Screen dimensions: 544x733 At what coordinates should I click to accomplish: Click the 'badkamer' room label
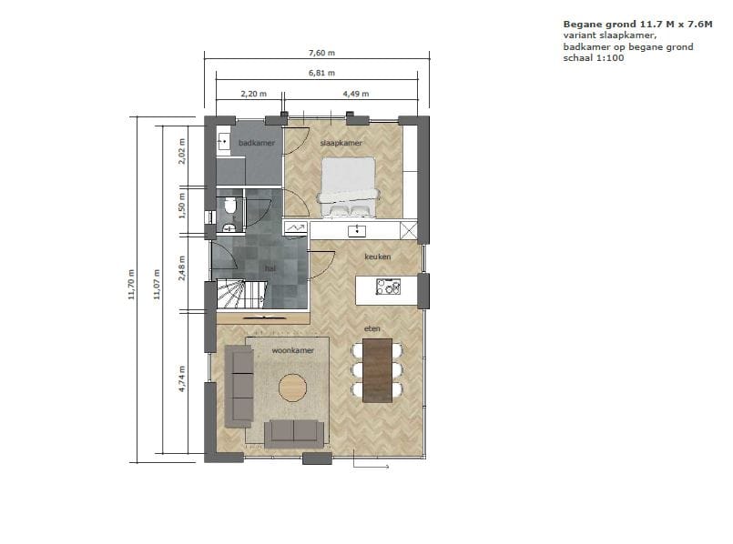click(250, 144)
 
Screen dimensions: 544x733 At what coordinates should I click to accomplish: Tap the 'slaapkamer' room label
click(341, 144)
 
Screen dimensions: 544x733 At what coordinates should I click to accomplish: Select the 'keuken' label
click(377, 257)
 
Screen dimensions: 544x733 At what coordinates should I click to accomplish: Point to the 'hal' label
click(270, 269)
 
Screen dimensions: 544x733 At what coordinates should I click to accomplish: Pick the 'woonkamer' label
click(293, 350)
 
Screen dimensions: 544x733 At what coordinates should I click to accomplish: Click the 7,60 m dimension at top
click(321, 53)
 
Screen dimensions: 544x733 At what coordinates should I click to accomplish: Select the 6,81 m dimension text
click(321, 73)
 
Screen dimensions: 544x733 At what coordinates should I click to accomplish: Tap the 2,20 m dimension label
click(252, 94)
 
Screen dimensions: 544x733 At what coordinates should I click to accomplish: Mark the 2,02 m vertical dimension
click(182, 150)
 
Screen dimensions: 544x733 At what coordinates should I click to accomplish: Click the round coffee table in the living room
click(293, 388)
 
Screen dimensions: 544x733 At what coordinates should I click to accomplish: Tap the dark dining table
click(377, 369)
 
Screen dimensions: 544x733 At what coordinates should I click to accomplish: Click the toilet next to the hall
click(230, 208)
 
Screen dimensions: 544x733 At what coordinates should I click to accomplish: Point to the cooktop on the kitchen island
click(389, 289)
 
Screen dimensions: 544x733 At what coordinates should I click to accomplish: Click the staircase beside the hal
click(239, 295)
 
